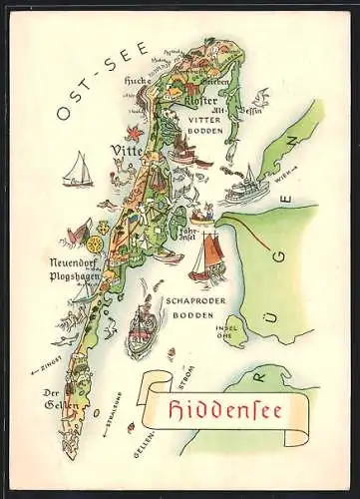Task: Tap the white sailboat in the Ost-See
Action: coord(76,171)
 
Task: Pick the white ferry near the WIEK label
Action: coord(240,187)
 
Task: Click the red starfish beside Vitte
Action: coord(133,132)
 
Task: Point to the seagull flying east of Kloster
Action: coord(260,98)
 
